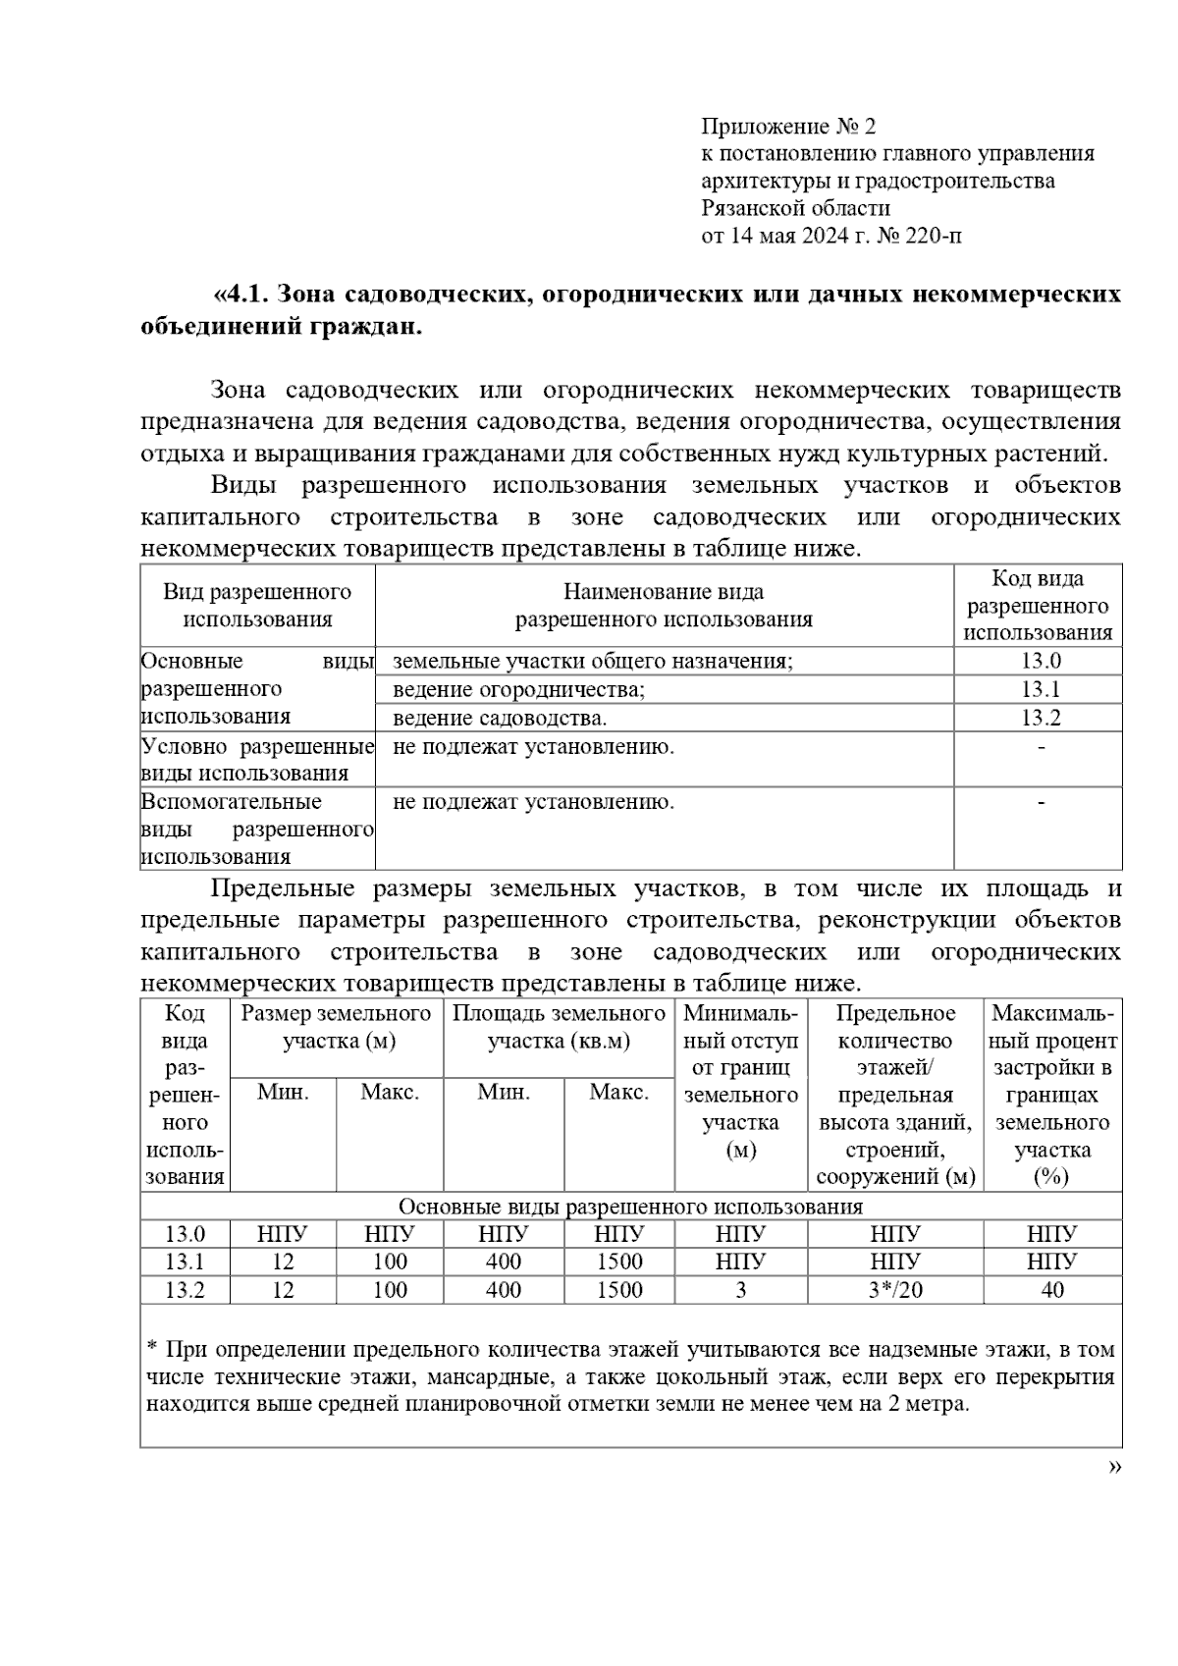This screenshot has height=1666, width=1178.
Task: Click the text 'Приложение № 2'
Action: pyautogui.click(x=787, y=127)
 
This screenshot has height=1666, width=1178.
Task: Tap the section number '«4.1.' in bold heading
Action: pyautogui.click(x=242, y=295)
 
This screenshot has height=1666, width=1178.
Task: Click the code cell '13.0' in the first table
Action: pyautogui.click(x=1040, y=662)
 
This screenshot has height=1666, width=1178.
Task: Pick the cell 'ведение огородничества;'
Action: pyautogui.click(x=518, y=689)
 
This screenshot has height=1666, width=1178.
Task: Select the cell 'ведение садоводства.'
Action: pyautogui.click(x=500, y=718)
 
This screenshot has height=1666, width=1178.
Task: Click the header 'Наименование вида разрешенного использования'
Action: pyautogui.click(x=664, y=606)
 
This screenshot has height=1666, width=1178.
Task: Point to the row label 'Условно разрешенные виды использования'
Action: pyautogui.click(x=257, y=760)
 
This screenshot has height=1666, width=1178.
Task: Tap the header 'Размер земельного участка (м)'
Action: pyautogui.click(x=337, y=1027)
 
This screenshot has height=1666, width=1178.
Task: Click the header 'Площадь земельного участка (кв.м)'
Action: pyautogui.click(x=559, y=1027)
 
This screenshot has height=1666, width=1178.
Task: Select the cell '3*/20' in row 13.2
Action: pyautogui.click(x=895, y=1290)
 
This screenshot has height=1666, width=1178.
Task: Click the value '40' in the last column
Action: pyautogui.click(x=1051, y=1290)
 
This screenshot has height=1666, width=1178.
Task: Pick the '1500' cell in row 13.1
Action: pyautogui.click(x=618, y=1262)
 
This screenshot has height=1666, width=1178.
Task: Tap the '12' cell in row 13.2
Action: pyautogui.click(x=283, y=1290)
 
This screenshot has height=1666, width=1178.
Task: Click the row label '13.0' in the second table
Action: pyautogui.click(x=185, y=1234)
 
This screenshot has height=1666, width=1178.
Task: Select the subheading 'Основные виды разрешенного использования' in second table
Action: pyautogui.click(x=630, y=1207)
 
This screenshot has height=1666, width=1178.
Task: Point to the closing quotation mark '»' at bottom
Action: pyautogui.click(x=1114, y=1467)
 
